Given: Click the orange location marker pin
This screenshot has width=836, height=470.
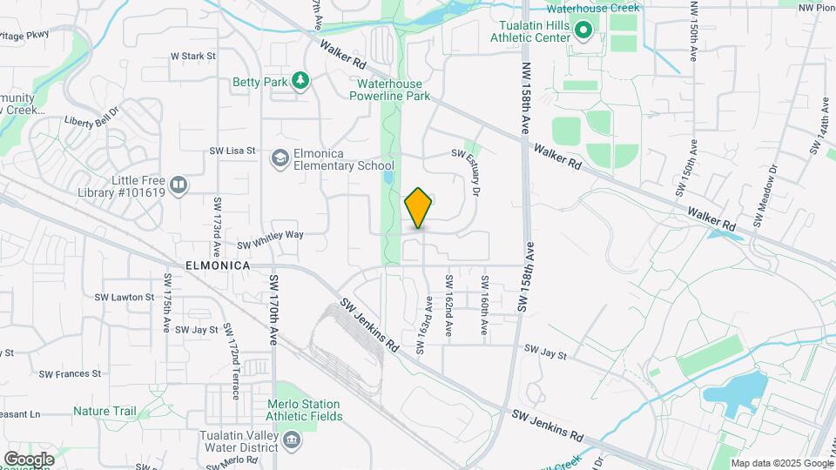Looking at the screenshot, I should (x=419, y=208).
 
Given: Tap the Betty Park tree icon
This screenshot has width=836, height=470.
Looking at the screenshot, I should (x=300, y=81).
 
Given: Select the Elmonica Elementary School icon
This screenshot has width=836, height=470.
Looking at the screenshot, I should (x=280, y=158).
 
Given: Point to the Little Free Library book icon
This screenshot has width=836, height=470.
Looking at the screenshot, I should (x=178, y=185).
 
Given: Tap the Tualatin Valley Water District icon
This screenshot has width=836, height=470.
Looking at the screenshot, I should (x=292, y=437).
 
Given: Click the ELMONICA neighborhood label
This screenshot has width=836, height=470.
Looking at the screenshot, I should (x=218, y=265).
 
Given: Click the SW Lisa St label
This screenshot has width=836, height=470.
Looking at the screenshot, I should (x=232, y=151).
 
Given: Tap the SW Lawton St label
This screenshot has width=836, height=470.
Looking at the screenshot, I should (x=125, y=297).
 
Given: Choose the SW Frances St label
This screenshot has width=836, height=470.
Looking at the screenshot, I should (x=70, y=373).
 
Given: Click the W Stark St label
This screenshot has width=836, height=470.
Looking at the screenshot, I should (x=192, y=56).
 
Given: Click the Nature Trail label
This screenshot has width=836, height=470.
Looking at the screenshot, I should (x=104, y=411).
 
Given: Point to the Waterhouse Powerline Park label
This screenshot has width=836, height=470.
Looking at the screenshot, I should (x=389, y=90).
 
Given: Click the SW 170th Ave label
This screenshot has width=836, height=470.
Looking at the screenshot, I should (x=273, y=311).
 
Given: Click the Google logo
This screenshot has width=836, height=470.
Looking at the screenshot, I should (x=29, y=459).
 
